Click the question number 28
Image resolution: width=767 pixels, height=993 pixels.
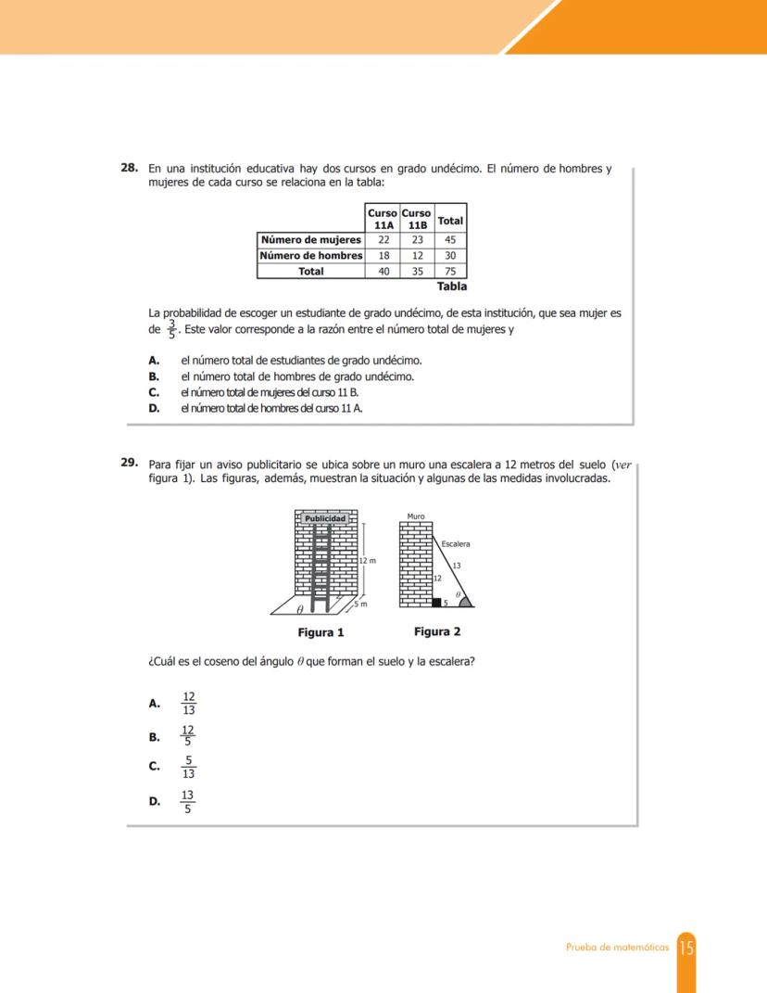click(130, 169)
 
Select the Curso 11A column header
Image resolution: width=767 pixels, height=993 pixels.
click(383, 219)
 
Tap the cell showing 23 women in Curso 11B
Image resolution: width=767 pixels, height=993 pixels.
click(417, 240)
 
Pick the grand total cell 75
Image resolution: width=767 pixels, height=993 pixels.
click(450, 272)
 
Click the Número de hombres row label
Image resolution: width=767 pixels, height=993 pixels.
click(311, 256)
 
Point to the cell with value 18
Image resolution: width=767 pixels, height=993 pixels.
click(383, 256)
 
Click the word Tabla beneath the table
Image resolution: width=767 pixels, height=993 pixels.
click(451, 286)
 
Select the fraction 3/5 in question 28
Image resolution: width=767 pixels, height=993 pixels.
click(171, 329)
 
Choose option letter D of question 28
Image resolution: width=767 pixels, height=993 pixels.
click(154, 408)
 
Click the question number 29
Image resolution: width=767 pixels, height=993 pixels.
click(130, 463)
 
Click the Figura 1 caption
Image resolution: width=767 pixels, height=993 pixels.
click(321, 633)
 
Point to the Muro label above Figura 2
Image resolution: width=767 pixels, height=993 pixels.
click(416, 516)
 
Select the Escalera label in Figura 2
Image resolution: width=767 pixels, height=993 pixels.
click(456, 544)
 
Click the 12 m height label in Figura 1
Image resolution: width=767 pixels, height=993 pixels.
click(369, 561)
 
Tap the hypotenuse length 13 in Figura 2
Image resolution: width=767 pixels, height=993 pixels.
click(456, 565)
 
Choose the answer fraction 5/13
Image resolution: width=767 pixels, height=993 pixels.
click(188, 767)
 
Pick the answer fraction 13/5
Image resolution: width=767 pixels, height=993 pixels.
click(188, 802)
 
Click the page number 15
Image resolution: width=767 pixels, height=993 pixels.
click(686, 948)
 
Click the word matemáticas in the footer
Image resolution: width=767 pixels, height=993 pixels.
click(643, 948)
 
